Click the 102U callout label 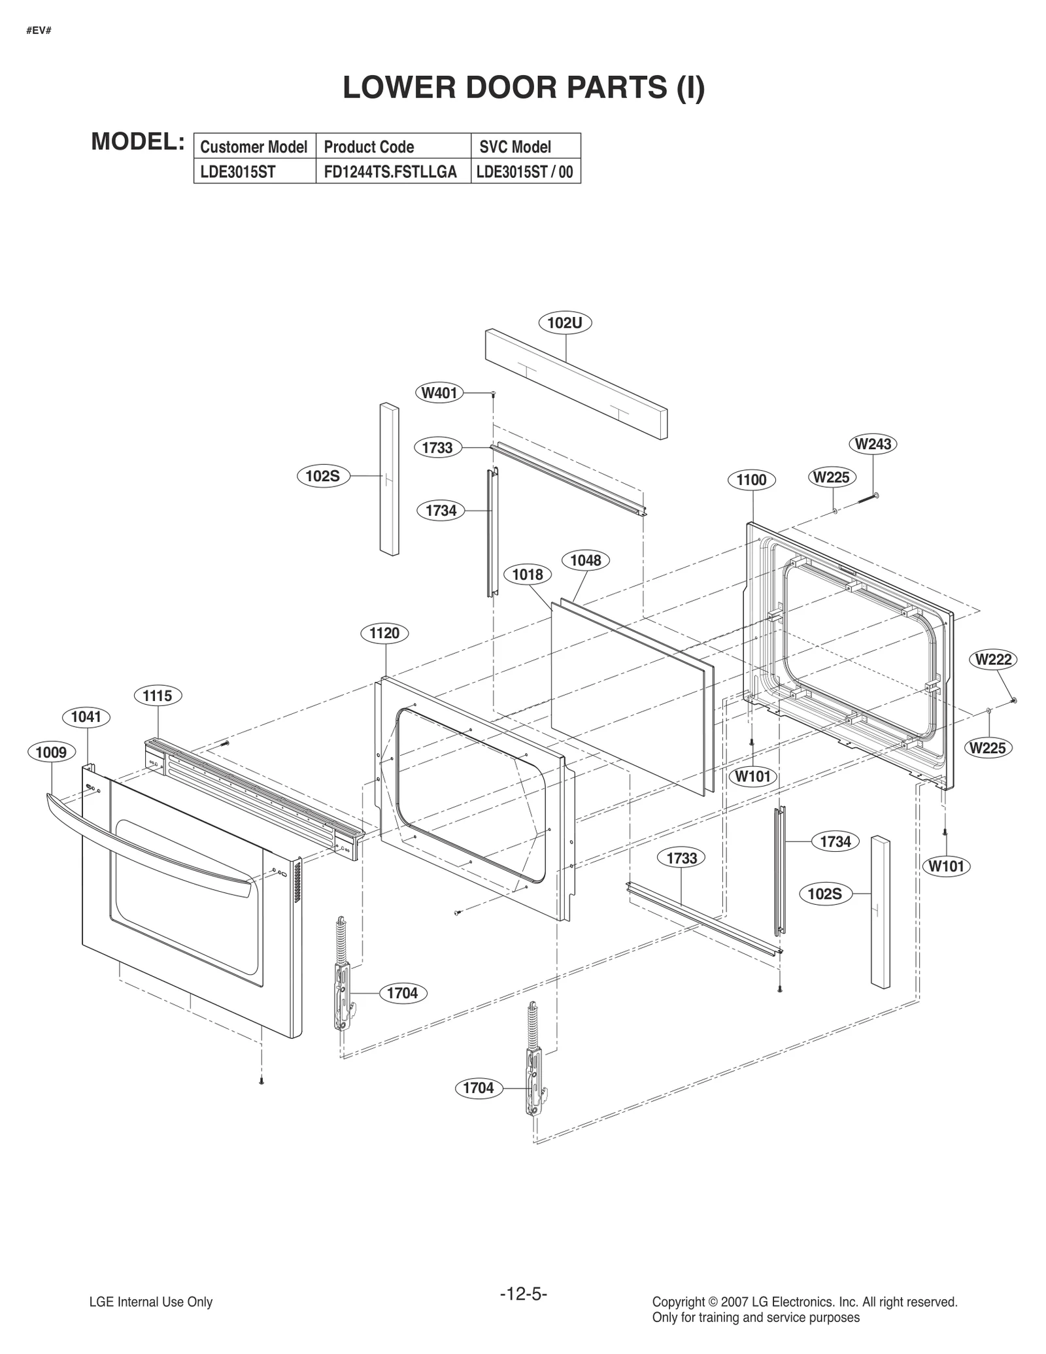(565, 323)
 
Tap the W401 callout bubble (440, 393)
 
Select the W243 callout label (873, 444)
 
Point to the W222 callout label (993, 660)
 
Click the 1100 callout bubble (751, 480)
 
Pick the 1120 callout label (384, 633)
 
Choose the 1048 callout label (585, 560)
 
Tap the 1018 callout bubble (528, 575)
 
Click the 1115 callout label (158, 696)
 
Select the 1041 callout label (86, 717)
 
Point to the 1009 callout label (52, 753)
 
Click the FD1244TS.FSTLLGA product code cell (390, 173)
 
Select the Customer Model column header (254, 146)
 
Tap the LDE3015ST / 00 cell (524, 173)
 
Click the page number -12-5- (523, 1294)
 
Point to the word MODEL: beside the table (138, 141)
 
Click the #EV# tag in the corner (39, 31)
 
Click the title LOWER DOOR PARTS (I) (524, 88)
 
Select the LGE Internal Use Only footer (151, 1302)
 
